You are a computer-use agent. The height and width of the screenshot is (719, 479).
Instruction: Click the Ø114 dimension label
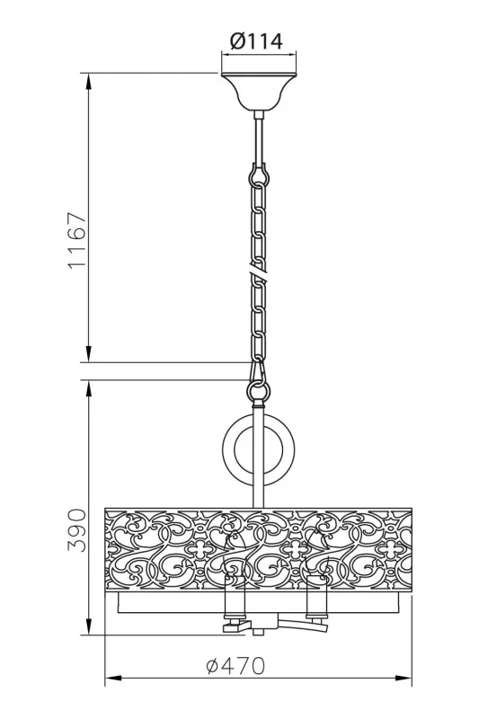256,41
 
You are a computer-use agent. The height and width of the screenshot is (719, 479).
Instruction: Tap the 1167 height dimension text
77,240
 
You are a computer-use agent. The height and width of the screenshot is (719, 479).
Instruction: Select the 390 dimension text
77,530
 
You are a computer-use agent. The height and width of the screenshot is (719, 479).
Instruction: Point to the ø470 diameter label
235,666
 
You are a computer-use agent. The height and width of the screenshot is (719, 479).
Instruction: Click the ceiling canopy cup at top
259,92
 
